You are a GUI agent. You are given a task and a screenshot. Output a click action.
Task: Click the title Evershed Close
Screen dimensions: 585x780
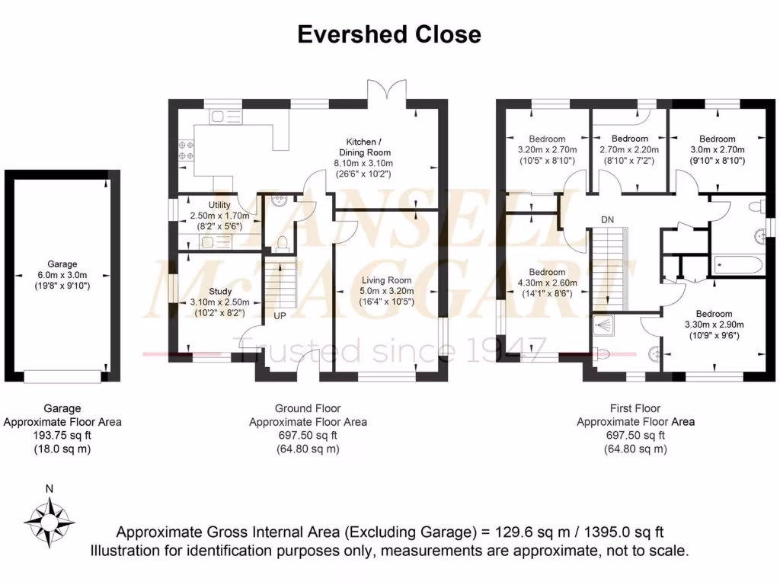coord(389,34)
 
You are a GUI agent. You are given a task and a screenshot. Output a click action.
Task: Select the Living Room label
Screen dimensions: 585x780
coord(387,280)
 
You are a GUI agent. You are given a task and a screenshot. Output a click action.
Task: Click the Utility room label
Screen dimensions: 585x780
coord(219,206)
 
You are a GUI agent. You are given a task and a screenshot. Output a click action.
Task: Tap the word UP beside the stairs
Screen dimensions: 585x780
coord(280,315)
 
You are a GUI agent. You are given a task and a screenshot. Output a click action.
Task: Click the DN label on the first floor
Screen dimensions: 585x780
coord(607,220)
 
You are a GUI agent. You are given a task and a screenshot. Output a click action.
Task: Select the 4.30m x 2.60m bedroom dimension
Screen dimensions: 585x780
coord(547,283)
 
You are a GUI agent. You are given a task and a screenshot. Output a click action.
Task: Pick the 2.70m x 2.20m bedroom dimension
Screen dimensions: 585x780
coord(629,149)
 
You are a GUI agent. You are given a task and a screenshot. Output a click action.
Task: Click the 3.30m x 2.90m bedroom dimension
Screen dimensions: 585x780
coord(714,324)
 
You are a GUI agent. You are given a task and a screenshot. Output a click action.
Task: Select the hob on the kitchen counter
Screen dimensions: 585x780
coord(184,149)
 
